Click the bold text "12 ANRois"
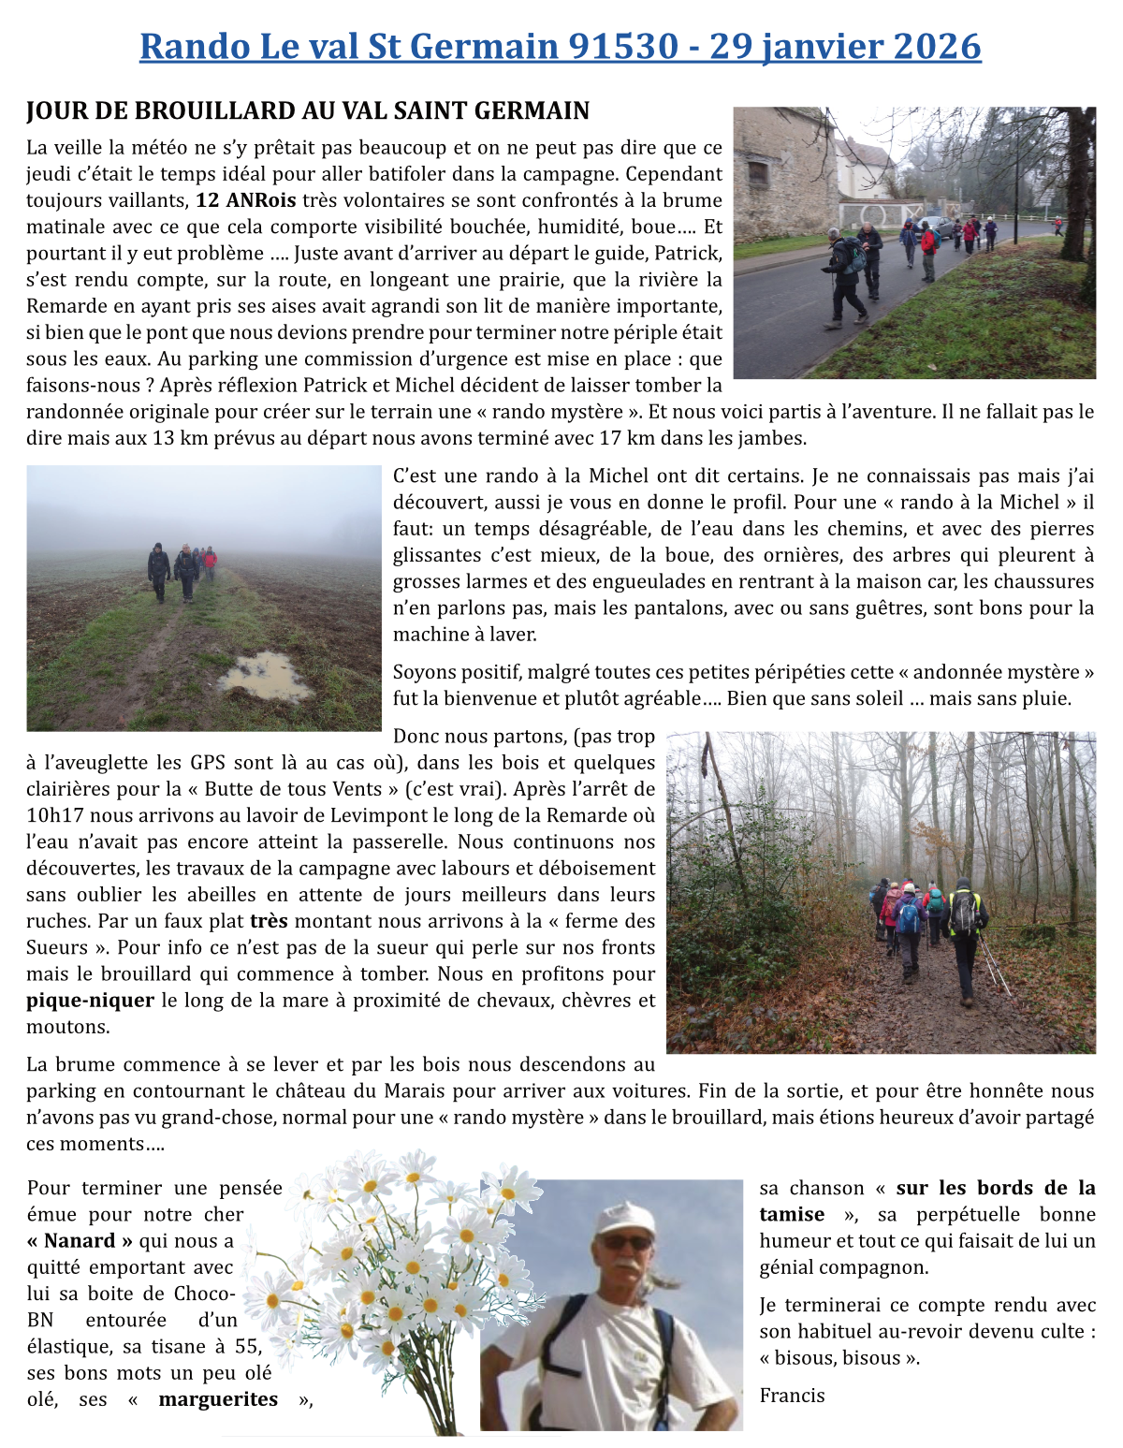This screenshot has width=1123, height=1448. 245,200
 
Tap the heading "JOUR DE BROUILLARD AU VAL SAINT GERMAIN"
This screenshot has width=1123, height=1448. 308,111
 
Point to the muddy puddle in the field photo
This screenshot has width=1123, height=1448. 265,676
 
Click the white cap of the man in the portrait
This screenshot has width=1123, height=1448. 624,1218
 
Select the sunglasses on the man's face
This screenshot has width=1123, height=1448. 625,1243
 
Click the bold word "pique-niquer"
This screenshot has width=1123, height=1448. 90,1001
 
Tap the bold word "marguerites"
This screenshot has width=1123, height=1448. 218,1399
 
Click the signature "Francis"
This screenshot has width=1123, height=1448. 792,1396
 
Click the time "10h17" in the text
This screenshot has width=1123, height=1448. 55,816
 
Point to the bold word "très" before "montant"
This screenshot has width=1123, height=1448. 269,921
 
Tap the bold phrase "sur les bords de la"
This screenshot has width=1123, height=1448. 996,1189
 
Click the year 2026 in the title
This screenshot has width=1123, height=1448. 936,46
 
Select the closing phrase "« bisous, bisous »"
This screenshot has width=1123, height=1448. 839,1358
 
